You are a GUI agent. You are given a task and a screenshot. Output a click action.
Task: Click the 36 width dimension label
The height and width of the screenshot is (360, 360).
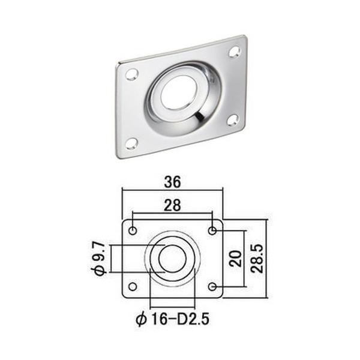pyautogui.click(x=172, y=182)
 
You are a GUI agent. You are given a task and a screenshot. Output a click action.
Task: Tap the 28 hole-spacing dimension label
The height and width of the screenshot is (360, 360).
pyautogui.click(x=172, y=205)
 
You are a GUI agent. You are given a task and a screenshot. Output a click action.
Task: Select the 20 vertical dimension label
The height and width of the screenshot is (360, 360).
pyautogui.click(x=236, y=259)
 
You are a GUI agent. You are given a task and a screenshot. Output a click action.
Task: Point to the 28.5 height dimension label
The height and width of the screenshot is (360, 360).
pyautogui.click(x=257, y=259)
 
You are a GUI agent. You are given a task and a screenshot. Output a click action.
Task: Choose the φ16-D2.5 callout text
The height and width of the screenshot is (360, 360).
pyautogui.click(x=172, y=319)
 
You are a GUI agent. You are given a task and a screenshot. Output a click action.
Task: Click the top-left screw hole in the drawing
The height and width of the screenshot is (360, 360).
pyautogui.click(x=133, y=230)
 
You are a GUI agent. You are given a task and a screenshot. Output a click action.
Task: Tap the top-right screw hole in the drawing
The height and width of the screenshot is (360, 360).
pyautogui.click(x=212, y=230)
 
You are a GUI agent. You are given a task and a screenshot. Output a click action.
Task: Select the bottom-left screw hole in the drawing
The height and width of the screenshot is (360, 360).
pyautogui.click(x=133, y=287)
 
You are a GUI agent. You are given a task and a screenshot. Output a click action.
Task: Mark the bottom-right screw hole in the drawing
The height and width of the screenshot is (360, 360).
pyautogui.click(x=212, y=287)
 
